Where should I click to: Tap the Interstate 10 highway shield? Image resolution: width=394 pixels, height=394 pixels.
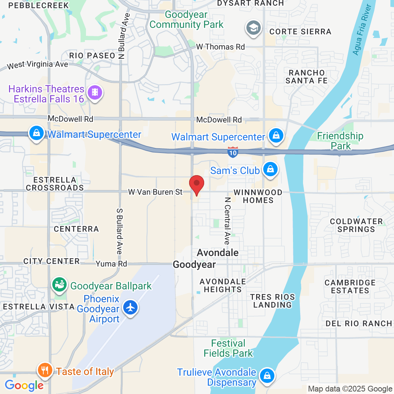(233, 152)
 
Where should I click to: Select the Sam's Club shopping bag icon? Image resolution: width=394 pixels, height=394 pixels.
(270, 169)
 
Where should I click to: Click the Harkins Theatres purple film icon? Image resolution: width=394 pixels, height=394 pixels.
(95, 92)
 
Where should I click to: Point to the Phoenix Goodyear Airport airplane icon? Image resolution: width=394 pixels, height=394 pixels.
(130, 307)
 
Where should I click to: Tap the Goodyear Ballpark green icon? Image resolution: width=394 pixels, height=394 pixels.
(60, 285)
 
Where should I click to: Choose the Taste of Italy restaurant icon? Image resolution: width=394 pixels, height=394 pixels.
(45, 370)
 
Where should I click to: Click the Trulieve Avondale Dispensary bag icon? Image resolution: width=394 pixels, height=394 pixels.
(267, 376)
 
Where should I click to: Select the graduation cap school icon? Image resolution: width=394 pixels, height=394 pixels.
(254, 28)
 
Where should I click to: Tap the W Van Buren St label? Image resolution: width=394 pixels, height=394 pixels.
(155, 192)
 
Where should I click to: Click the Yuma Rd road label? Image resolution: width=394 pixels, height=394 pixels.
(111, 264)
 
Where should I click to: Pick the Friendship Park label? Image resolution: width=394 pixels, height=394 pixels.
(340, 141)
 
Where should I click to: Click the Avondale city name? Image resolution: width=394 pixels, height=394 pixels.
(218, 253)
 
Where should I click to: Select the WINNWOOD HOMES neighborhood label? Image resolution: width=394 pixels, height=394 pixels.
(258, 197)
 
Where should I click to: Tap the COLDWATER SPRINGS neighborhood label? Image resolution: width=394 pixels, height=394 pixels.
(356, 225)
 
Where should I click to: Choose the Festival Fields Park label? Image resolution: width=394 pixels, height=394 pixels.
(228, 348)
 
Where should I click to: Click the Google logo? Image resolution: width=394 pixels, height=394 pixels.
(24, 385)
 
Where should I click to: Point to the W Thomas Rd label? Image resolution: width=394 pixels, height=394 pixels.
(220, 47)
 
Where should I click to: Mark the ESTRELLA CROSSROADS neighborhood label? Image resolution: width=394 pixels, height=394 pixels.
(55, 184)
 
